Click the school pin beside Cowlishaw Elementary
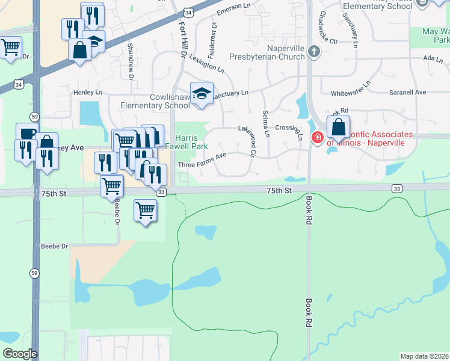202,94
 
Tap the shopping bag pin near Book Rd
339,128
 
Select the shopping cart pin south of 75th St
145,211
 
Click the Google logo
20,354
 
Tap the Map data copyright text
425,356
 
